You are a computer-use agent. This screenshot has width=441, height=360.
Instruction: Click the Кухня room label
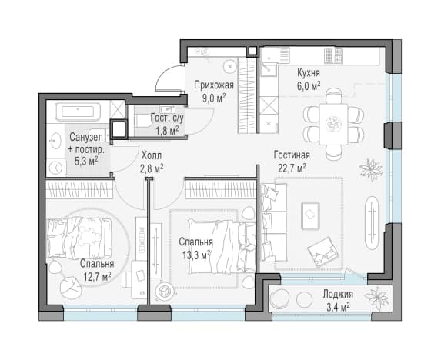[309, 73]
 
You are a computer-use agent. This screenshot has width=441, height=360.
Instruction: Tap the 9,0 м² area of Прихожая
[214, 98]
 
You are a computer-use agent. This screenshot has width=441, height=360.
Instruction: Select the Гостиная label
[292, 155]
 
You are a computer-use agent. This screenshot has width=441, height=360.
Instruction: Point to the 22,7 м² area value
[292, 168]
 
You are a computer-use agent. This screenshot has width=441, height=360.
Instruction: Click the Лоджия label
[338, 295]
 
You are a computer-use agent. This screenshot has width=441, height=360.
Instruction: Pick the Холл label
[152, 155]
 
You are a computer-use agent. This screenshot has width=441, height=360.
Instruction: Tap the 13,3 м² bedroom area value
[196, 255]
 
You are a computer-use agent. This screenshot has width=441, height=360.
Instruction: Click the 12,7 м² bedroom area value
[97, 277]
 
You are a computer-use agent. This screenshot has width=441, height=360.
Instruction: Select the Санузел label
[86, 137]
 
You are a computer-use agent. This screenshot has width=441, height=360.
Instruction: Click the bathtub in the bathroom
[79, 112]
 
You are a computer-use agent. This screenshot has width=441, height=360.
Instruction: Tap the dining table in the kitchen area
[333, 124]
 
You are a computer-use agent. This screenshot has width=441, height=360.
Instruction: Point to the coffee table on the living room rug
[310, 215]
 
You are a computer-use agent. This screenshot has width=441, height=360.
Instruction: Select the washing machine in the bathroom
[55, 168]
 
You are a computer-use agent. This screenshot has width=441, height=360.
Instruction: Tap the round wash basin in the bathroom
[55, 140]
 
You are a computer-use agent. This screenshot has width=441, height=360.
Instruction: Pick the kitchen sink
[269, 69]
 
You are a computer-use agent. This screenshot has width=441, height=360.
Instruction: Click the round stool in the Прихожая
[230, 67]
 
